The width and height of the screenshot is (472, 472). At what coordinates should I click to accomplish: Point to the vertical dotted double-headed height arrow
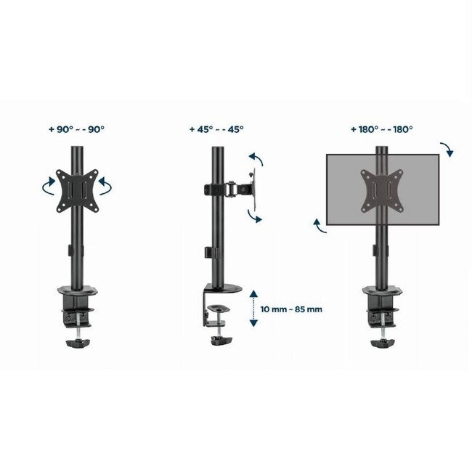[x=252, y=306]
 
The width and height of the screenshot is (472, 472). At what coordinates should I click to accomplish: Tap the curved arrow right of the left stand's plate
[x=107, y=187]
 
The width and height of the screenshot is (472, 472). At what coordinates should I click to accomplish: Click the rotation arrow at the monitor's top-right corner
[x=447, y=149]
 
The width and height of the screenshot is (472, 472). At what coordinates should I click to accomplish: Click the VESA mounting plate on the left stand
[x=76, y=190]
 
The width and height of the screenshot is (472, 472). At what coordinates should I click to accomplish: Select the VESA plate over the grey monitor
[x=379, y=187]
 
